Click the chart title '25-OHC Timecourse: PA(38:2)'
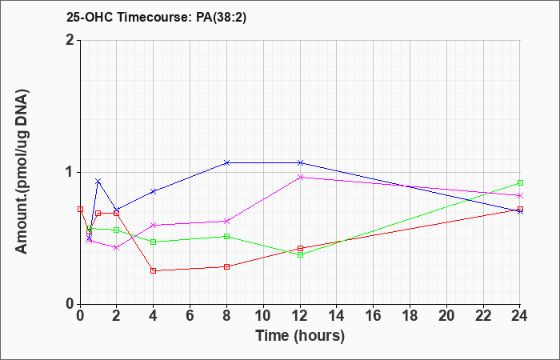pyautogui.click(x=157, y=17)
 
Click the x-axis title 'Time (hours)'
pyautogui.click(x=300, y=336)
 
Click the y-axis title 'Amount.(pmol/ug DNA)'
pyautogui.click(x=22, y=172)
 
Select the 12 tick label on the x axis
pyautogui.click(x=300, y=316)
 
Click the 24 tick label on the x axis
pyautogui.click(x=519, y=316)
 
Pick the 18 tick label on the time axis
pyautogui.click(x=410, y=316)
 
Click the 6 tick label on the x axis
pyautogui.click(x=190, y=316)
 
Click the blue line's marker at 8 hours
pyautogui.click(x=226, y=163)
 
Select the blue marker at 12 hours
pyautogui.click(x=300, y=163)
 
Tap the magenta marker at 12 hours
pyautogui.click(x=300, y=177)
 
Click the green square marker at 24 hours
pyautogui.click(x=520, y=183)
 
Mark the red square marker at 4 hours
pyautogui.click(x=154, y=270)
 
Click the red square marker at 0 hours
pyautogui.click(x=80, y=210)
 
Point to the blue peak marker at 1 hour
pyautogui.click(x=98, y=182)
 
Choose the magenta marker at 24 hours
pyautogui.click(x=520, y=196)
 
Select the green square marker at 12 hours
pyautogui.click(x=300, y=254)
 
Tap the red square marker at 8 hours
pyautogui.click(x=226, y=266)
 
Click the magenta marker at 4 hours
pyautogui.click(x=154, y=225)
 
